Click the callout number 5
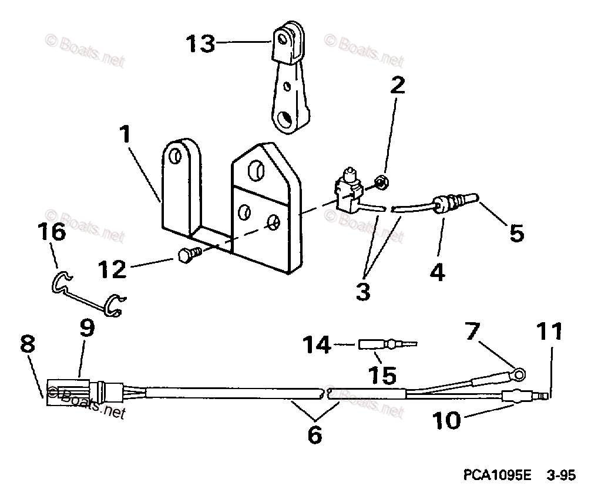tap(515, 233)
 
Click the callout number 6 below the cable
tap(315, 435)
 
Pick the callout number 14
tap(317, 345)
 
